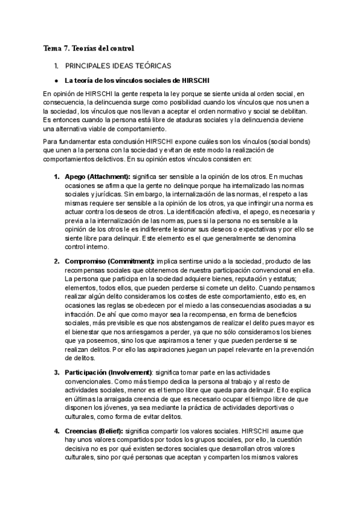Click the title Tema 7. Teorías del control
tap(89, 47)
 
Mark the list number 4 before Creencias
tap(56, 431)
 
